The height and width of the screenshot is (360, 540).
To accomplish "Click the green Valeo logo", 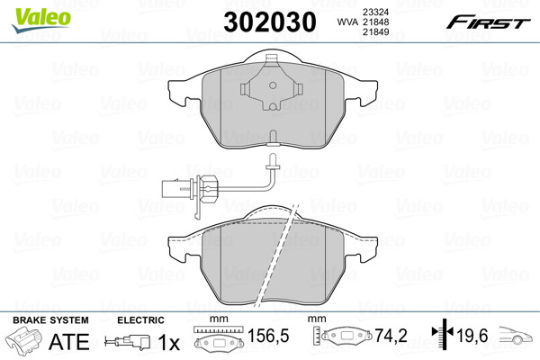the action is point(41,20).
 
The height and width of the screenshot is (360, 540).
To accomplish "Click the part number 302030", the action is point(270,22).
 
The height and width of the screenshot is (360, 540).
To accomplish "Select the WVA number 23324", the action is point(375,12).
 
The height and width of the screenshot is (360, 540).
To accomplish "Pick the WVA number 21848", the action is point(375,22).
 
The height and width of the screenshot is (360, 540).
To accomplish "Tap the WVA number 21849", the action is point(375,32).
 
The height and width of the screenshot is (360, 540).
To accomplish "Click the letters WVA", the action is point(347,22).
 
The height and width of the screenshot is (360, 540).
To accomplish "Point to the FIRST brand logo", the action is point(488,22).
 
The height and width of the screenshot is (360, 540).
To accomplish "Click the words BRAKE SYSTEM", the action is point(50,320).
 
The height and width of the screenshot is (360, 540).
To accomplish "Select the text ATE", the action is point(69,342).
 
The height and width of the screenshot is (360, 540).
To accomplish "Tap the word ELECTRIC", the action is point(140,320).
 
